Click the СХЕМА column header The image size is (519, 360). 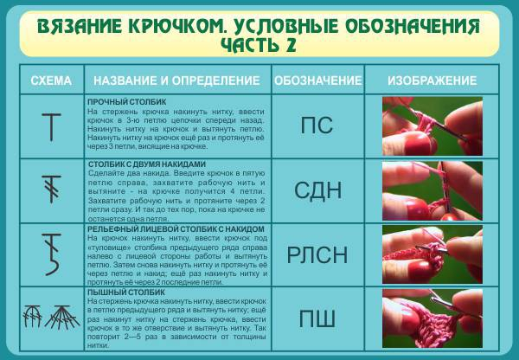coord(51,80)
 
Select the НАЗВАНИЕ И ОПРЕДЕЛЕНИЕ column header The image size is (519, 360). coord(176,80)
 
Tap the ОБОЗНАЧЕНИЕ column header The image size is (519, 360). coord(318,80)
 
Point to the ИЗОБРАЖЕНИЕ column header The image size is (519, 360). coord(432,80)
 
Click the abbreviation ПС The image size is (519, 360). coord(317,125)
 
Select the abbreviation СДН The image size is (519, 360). coord(317,190)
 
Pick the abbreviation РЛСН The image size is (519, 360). coord(317,255)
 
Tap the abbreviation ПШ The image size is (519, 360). coord(317,319)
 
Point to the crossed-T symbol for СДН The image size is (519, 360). coord(52,189)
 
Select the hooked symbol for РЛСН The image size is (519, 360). coord(52,254)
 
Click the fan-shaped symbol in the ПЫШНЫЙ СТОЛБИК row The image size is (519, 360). coord(62,318)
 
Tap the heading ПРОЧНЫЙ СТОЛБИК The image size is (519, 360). coord(127,102)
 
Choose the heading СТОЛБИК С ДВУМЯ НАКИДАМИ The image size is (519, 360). coord(147,164)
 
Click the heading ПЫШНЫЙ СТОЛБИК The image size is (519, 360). coord(126,292)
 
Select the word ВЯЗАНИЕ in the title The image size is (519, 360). coord(80,26)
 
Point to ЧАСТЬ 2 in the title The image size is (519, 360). coord(259,45)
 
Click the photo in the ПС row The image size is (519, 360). coord(432,126)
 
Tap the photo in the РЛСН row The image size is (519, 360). coord(432,254)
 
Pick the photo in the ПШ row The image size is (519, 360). coord(432,318)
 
